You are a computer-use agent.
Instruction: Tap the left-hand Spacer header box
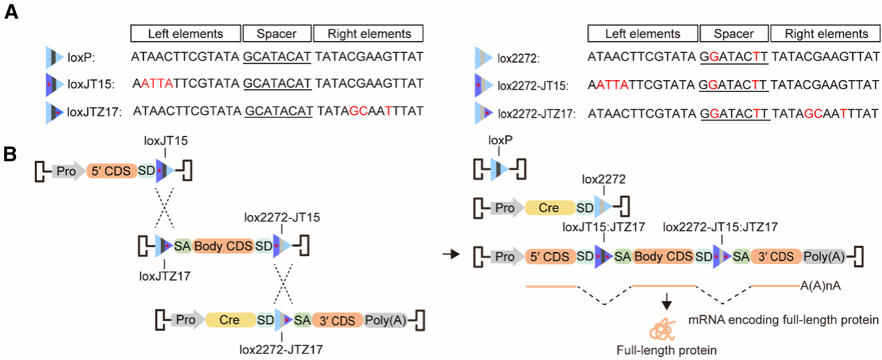click(277, 33)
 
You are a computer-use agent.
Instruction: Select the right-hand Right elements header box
click(827, 33)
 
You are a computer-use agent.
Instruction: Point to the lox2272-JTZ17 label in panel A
click(536, 112)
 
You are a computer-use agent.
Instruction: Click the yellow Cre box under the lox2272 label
click(550, 208)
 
